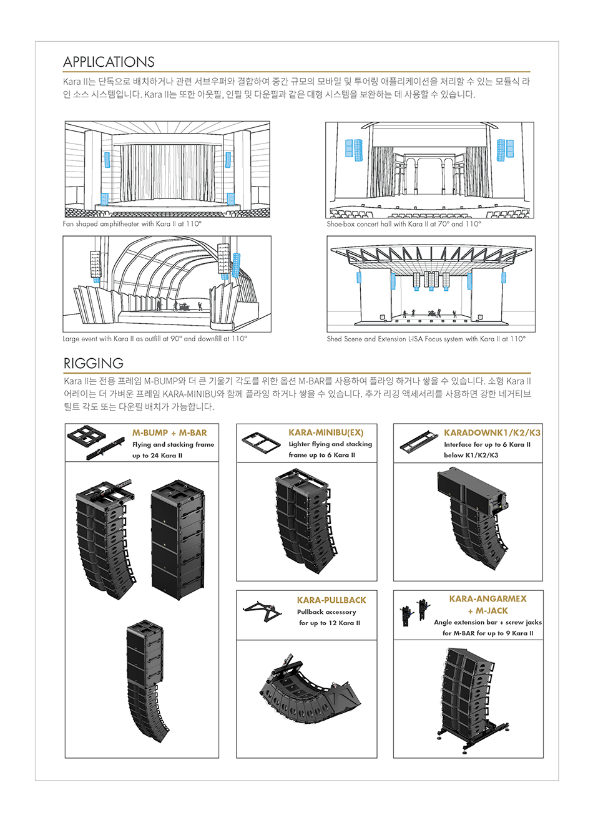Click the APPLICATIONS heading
pos(109,62)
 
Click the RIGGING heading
pos(94,363)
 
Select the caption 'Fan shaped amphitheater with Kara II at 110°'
pos(132,223)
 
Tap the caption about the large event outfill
pos(155,339)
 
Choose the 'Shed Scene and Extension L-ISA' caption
pos(426,339)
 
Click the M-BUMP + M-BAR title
pos(169,432)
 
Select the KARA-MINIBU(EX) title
pos(326,432)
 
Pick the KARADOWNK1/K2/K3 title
pos(492,432)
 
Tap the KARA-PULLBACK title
pos(331,600)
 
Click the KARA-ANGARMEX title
pos(488,598)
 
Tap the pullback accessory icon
pos(263,610)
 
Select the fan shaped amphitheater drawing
pos(167,169)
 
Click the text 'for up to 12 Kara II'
pos(329,623)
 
